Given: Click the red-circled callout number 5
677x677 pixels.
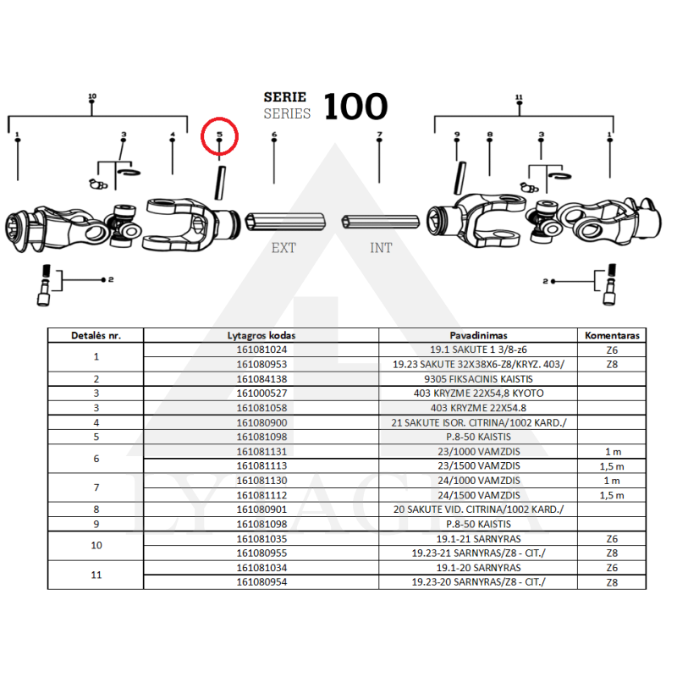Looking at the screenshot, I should point(219,135).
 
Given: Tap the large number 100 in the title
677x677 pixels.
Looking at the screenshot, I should point(355,107).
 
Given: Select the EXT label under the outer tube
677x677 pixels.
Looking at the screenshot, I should point(283,248).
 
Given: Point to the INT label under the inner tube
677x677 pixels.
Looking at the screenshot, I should point(381,248).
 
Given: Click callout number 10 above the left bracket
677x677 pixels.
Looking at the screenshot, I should point(92,97).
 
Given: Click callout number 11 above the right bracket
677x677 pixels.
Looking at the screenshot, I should point(519,97).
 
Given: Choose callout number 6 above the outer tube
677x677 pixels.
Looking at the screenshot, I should point(274,135).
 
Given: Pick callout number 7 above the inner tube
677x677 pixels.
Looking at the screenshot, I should point(379,135).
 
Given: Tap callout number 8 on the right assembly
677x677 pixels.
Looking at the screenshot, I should point(489,135).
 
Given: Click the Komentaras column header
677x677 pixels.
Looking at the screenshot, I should point(612,335).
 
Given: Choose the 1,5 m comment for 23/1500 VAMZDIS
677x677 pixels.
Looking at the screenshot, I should point(612,465).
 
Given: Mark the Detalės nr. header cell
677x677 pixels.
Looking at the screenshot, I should point(96,335).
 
